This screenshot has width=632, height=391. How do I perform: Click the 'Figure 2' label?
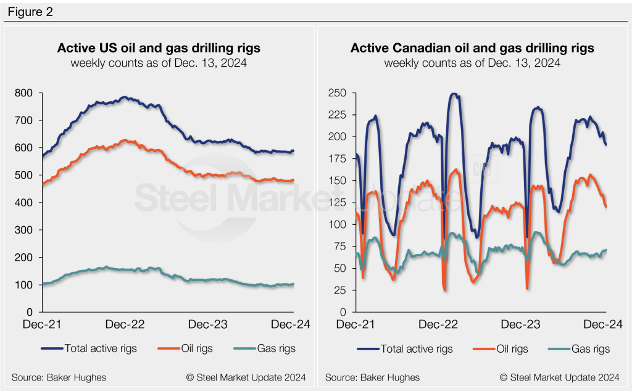click(x=30, y=12)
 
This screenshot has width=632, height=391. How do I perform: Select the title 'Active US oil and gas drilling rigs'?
click(x=159, y=48)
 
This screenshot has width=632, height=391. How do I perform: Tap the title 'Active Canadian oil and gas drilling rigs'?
click(x=472, y=48)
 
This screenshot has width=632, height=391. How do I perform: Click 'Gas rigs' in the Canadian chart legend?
click(x=589, y=349)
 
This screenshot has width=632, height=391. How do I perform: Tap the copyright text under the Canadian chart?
click(x=559, y=377)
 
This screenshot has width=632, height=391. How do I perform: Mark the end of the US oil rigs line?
click(x=293, y=180)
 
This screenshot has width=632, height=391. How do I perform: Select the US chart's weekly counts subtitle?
click(x=159, y=62)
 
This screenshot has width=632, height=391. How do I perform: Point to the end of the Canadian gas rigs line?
click(x=606, y=250)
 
